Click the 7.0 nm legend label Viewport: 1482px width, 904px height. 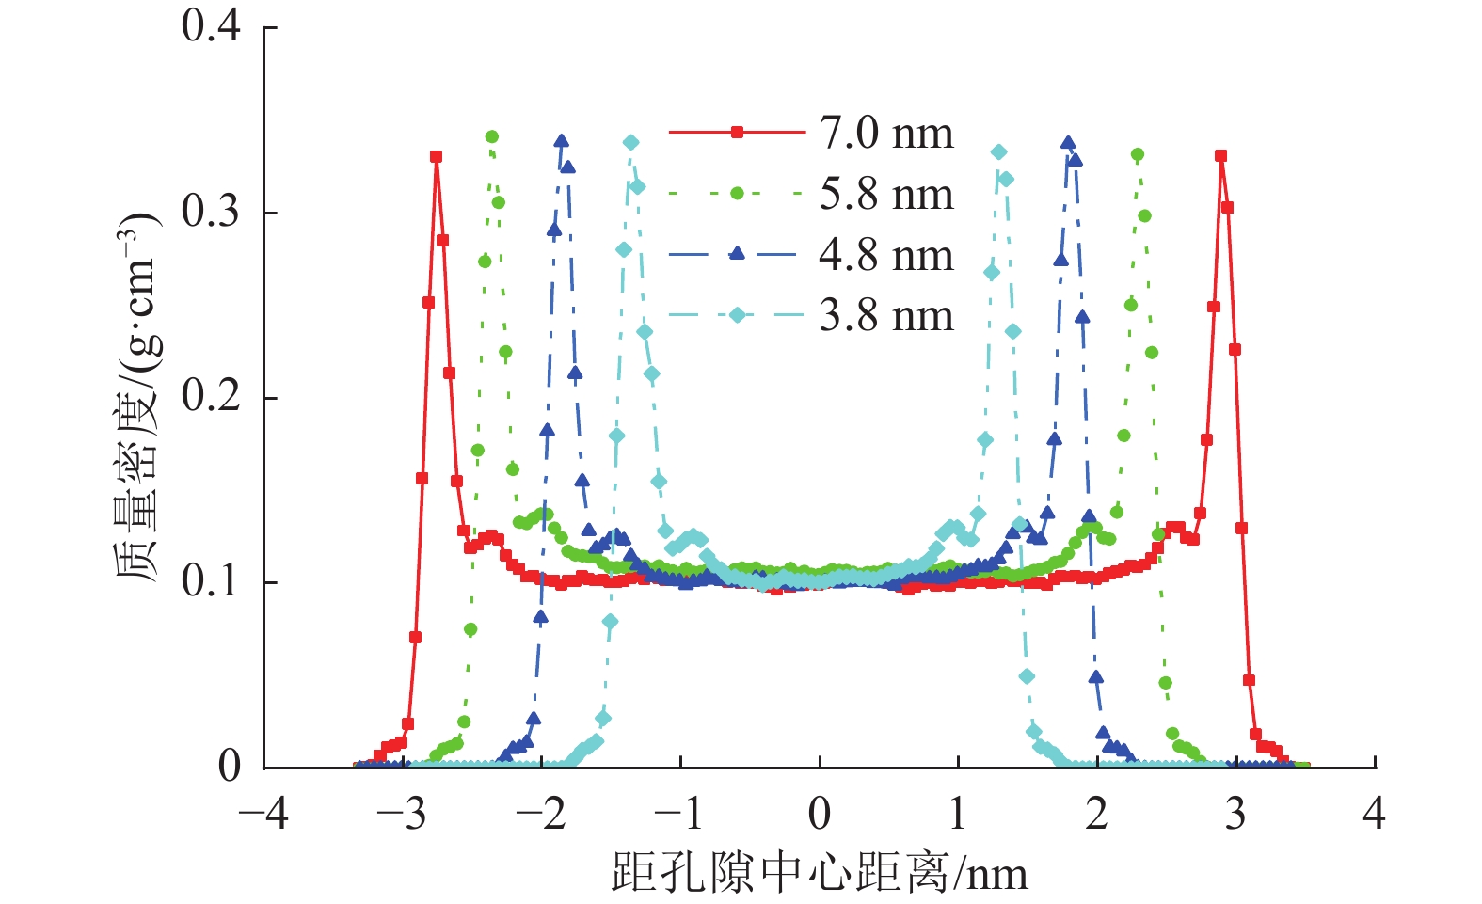tap(885, 134)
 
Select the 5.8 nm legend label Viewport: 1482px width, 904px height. tap(885, 195)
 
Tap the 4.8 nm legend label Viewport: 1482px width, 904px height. tap(885, 255)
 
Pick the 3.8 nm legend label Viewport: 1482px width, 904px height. tap(885, 316)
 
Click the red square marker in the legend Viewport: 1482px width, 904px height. tap(737, 133)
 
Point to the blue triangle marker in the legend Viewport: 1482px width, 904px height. tap(737, 253)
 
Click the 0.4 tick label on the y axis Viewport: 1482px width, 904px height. tap(212, 26)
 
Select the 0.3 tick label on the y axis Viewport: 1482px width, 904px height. tap(212, 212)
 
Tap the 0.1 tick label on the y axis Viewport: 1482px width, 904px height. tap(212, 582)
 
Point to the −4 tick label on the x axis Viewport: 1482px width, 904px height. tap(264, 814)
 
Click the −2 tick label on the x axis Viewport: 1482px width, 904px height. tap(542, 814)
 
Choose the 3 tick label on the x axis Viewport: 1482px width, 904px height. tap(1235, 814)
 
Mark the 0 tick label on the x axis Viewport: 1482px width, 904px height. tap(820, 814)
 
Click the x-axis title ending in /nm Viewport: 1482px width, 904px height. tap(820, 873)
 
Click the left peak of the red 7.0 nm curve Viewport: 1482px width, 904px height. tap(437, 157)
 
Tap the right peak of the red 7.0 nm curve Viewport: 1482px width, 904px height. tap(1220, 156)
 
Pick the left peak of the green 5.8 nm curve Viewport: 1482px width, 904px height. tap(491, 137)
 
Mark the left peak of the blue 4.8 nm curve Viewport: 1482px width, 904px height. tap(562, 141)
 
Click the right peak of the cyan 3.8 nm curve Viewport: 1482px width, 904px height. tap(999, 152)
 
